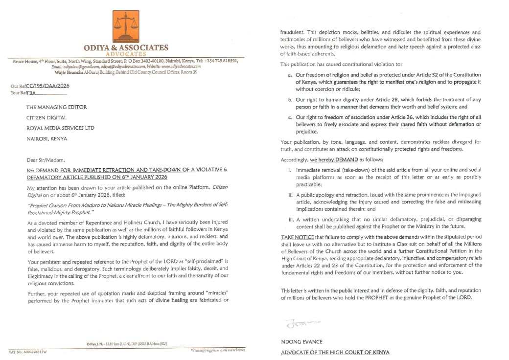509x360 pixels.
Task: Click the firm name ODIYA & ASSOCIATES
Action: (x=126, y=47)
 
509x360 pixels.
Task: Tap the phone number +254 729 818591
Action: (x=220, y=61)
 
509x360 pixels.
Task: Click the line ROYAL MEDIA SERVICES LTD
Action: (x=60, y=128)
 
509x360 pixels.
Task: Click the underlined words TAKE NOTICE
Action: (x=297, y=237)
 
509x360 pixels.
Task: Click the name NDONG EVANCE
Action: (x=301, y=342)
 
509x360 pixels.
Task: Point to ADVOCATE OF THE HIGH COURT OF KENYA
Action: (x=335, y=352)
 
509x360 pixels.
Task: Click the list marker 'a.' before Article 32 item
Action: (x=290, y=75)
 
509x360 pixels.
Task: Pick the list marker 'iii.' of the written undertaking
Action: (x=290, y=219)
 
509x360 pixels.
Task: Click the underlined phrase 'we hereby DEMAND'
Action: (x=334, y=160)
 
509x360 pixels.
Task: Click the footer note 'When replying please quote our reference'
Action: (x=218, y=350)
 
